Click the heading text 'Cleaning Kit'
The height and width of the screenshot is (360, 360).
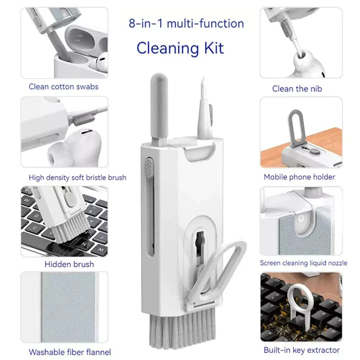tap(180, 48)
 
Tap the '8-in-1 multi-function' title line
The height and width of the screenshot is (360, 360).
tap(186, 23)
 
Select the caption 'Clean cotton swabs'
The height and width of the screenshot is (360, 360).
tap(63, 86)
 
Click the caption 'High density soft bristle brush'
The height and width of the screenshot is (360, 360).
tap(77, 177)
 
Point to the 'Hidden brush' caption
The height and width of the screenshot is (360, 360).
tap(69, 264)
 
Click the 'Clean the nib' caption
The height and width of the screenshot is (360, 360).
tap(297, 88)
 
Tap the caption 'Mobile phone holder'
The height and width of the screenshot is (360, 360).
tap(299, 176)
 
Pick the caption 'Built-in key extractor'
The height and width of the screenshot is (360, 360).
tap(301, 350)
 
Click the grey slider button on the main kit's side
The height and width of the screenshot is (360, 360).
tap(148, 165)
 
